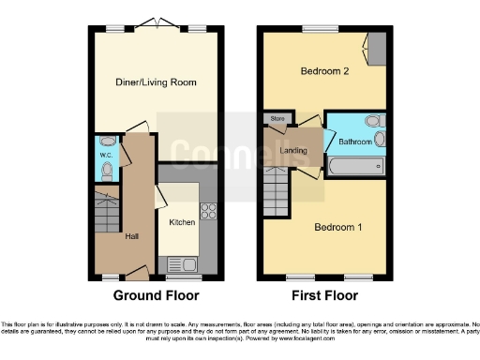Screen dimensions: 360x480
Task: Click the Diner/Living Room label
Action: pyautogui.click(x=157, y=82)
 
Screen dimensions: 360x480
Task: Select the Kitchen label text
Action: pyautogui.click(x=182, y=222)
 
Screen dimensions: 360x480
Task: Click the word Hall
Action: pyautogui.click(x=132, y=236)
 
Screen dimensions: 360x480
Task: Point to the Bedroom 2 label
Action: pyautogui.click(x=324, y=71)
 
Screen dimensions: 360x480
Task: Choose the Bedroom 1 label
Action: pyautogui.click(x=335, y=228)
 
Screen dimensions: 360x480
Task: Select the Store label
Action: pyautogui.click(x=277, y=119)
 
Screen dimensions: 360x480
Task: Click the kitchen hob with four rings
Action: pyautogui.click(x=208, y=212)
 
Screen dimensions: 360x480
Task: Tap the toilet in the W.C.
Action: pyautogui.click(x=107, y=170)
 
